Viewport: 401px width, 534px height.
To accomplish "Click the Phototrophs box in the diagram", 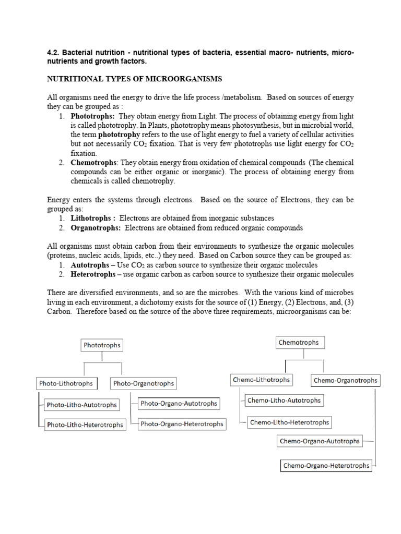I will pos(102,345).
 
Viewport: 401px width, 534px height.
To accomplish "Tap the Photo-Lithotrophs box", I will pos(66,383).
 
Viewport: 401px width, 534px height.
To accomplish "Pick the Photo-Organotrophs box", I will pos(143,383).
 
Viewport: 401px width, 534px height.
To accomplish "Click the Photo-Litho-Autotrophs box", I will pos(81,405).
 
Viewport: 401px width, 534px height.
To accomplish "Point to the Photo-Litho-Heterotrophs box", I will pos(85,424).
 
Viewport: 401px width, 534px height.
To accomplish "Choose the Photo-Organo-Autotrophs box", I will pos(179,403).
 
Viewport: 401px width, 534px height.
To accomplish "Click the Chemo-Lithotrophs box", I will pos(261,380).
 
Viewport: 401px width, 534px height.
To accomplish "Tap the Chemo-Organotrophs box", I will pos(345,380).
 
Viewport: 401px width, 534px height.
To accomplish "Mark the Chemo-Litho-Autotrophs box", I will pos(284,400).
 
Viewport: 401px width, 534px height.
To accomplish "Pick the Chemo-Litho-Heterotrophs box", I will pos(289,422).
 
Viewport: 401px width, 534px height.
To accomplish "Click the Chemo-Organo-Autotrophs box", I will pos(320,441).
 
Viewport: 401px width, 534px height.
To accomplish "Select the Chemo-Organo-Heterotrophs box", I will pos(326,465).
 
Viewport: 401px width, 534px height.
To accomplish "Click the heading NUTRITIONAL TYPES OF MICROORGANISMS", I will pos(135,79).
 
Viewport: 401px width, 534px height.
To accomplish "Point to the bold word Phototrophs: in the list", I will pos(92,116).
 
